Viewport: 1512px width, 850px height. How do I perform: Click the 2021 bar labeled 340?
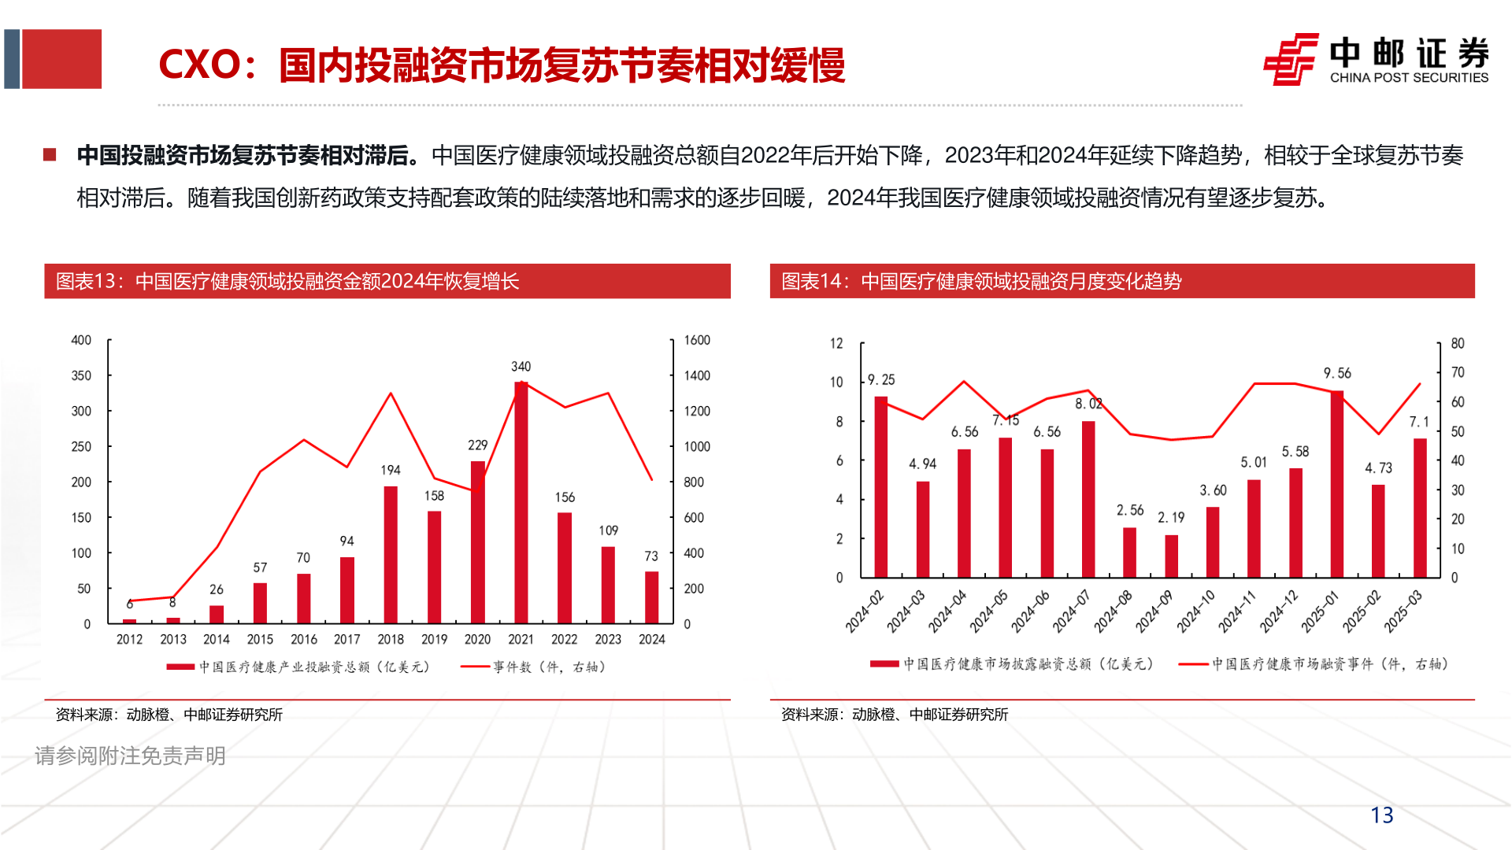[521, 504]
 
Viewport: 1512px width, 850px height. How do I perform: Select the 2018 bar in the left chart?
[391, 555]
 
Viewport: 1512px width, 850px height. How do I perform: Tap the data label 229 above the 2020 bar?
[477, 445]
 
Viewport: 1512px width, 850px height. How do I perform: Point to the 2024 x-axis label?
[651, 639]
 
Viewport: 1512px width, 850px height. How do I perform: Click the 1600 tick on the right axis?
[697, 340]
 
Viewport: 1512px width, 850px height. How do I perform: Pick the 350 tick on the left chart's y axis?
[81, 375]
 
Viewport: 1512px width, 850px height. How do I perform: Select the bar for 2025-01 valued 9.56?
[1336, 484]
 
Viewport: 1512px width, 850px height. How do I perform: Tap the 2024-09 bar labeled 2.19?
[1171, 556]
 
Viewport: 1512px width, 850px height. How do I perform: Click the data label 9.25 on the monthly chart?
[881, 379]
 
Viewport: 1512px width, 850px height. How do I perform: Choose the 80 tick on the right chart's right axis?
[1458, 343]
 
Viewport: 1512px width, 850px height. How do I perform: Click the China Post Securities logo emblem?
[1291, 59]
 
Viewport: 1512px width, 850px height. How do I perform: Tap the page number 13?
[1381, 815]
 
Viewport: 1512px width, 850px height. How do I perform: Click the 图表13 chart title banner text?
[287, 282]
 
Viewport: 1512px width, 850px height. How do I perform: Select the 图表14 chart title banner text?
[981, 282]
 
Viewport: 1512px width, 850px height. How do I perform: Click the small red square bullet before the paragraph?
[50, 155]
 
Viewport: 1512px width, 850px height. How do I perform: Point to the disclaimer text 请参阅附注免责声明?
[130, 756]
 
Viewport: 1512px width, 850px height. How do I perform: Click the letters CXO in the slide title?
[199, 65]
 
